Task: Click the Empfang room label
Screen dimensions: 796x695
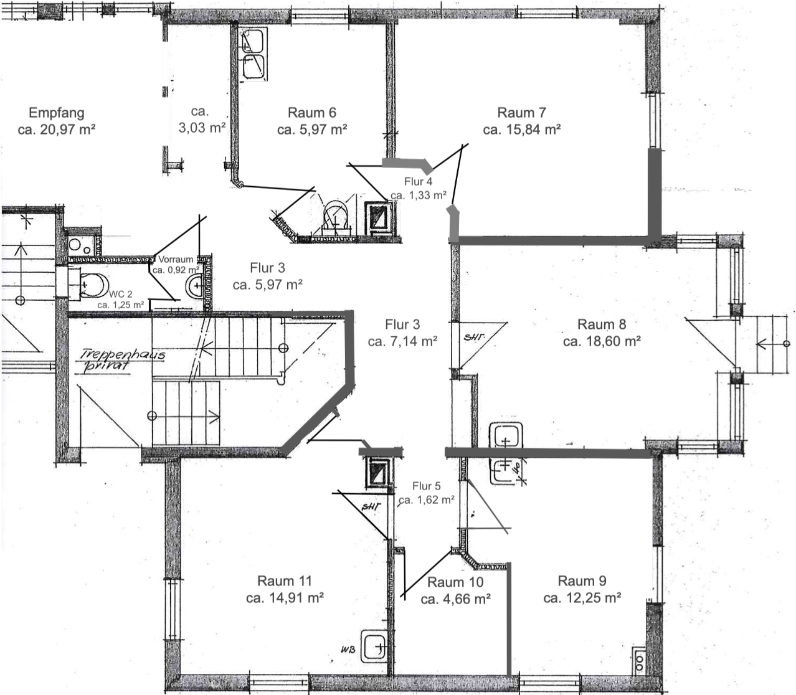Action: point(57,113)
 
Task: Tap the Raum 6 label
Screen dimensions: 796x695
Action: point(312,113)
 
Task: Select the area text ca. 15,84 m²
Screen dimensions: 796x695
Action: point(522,130)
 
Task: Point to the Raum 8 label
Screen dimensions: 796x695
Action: point(602,324)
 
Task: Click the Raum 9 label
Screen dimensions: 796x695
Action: point(582,580)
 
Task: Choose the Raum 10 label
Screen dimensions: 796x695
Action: point(455,582)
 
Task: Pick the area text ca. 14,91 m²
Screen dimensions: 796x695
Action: point(285,597)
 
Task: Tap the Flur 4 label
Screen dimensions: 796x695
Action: point(418,182)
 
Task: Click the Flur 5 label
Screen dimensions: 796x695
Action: point(427,486)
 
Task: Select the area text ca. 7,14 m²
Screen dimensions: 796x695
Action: point(402,341)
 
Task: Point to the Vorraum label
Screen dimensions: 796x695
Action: point(176,260)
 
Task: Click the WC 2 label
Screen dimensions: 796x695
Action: point(121,295)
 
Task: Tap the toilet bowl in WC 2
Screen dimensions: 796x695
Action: point(93,285)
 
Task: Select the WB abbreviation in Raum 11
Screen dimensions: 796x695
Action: point(348,650)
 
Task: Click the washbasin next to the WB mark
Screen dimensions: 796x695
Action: point(374,646)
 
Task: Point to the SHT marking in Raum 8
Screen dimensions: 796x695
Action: point(474,338)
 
